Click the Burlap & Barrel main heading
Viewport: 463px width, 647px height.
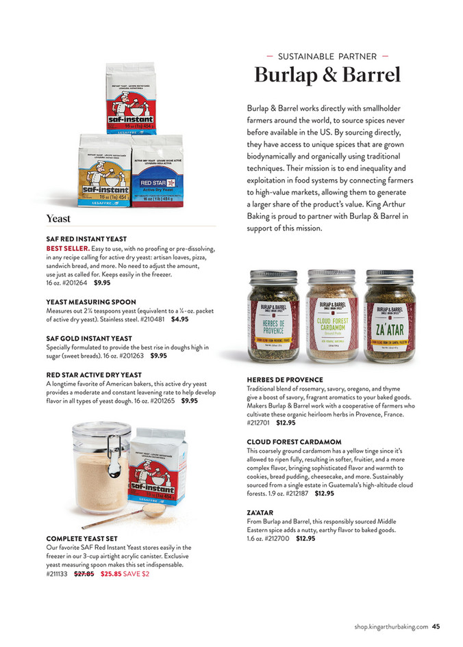tap(327, 75)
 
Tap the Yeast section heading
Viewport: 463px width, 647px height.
tap(58, 219)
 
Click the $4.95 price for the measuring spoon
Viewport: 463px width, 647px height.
tap(180, 319)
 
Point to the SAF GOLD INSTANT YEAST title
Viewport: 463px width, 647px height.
tap(89, 338)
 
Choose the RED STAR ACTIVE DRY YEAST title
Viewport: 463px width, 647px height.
tap(94, 375)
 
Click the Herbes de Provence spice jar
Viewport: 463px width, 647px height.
tap(274, 316)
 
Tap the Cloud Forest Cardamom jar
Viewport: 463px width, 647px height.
tap(331, 316)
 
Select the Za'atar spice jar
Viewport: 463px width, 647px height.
tap(388, 316)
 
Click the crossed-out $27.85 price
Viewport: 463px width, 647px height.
tap(84, 574)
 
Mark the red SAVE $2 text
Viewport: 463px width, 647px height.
tap(136, 574)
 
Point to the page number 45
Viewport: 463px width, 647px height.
tap(436, 625)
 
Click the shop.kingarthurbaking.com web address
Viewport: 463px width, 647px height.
tap(392, 625)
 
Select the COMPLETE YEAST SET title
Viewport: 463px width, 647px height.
tap(83, 538)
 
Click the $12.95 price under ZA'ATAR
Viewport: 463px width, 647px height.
tap(305, 538)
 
